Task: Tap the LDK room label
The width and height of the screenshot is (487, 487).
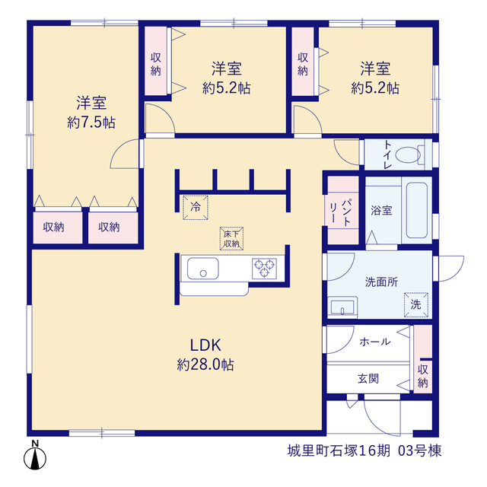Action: (205, 345)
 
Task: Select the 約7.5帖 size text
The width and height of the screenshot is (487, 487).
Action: (91, 123)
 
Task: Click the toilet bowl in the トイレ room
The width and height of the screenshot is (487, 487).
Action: (409, 154)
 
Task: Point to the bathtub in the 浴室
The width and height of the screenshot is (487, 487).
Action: (417, 210)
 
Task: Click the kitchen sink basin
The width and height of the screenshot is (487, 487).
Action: (203, 269)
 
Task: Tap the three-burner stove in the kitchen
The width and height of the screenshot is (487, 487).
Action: (264, 268)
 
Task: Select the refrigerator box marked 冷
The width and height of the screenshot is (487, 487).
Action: (196, 208)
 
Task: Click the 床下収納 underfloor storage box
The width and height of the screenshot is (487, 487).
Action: (231, 238)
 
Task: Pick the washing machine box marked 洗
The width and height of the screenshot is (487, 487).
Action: (416, 304)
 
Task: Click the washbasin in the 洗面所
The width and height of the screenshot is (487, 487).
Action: (342, 307)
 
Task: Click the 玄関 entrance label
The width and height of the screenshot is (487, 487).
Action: (368, 379)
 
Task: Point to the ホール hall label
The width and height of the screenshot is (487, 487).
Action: (375, 342)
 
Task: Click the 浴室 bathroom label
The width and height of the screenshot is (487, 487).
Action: (381, 210)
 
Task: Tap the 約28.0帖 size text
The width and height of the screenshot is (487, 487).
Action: (205, 364)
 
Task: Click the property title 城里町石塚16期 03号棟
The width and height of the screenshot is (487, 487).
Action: (364, 451)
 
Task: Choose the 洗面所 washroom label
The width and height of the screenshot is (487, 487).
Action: (381, 282)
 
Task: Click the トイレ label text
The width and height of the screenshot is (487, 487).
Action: (387, 154)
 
